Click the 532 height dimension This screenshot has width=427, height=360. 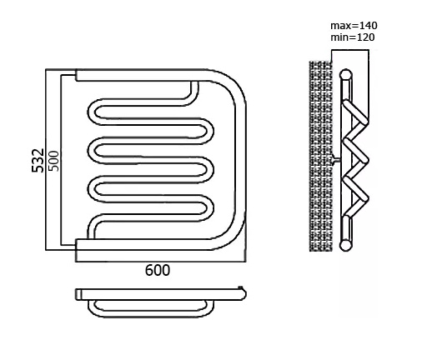[38, 161]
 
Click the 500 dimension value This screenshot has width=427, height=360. [53, 161]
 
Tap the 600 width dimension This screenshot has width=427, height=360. [158, 270]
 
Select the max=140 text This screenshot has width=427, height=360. [354, 26]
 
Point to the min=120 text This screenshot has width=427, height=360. [353, 37]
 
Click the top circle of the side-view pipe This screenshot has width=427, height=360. [345, 75]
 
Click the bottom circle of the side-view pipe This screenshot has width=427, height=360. [345, 245]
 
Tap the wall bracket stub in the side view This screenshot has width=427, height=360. [336, 160]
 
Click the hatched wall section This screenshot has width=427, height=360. [321, 156]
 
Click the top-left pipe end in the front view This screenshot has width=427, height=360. [77, 75]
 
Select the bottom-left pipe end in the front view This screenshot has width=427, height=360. [77, 244]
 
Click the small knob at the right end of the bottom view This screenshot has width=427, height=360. [240, 287]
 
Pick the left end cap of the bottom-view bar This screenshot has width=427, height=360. [78, 294]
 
